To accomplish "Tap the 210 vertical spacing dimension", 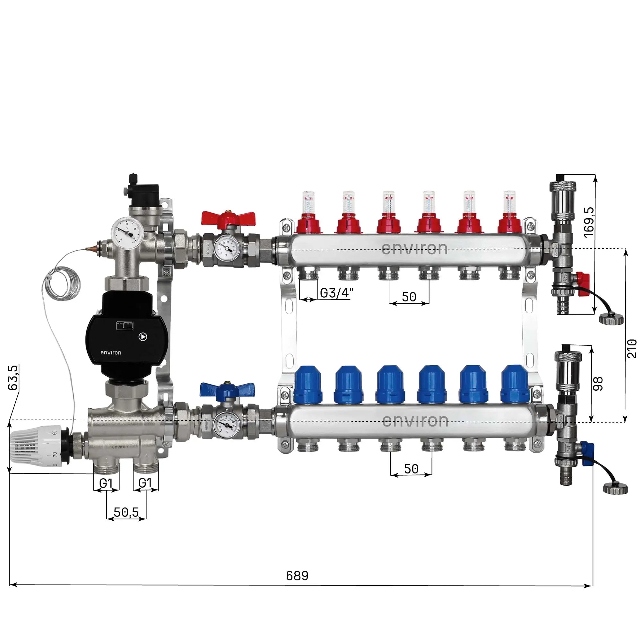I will coord(632,349).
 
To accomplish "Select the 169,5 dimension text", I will coord(589,222).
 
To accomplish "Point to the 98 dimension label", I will coord(598,384).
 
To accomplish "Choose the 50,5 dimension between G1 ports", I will coord(126,512).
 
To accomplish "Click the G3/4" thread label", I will coord(336,293).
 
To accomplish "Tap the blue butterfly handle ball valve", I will coord(227,390).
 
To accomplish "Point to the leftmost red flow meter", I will coord(308,213).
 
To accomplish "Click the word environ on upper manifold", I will coord(414,249).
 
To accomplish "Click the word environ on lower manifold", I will coord(415,421).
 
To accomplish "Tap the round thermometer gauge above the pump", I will coord(127,230).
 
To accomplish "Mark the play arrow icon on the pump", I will coord(143,337).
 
